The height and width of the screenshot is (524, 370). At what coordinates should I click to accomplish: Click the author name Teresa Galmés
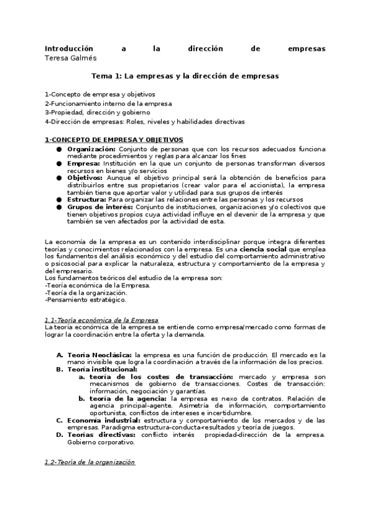point(70,57)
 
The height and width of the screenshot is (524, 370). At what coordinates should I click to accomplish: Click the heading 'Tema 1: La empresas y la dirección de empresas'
point(185,76)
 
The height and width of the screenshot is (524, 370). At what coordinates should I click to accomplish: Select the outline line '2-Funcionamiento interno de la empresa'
point(108,103)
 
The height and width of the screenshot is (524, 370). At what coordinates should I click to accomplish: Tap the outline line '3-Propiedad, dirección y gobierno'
point(97,112)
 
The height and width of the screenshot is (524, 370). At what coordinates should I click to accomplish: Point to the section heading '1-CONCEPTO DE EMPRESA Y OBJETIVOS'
point(114,140)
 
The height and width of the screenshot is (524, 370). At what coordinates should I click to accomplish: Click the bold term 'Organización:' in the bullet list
point(91,149)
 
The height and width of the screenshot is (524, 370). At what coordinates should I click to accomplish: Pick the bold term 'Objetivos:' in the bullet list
point(86,177)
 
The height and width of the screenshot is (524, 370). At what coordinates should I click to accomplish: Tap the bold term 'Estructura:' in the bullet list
point(86,199)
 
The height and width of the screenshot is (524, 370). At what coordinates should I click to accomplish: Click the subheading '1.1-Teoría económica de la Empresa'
point(101,319)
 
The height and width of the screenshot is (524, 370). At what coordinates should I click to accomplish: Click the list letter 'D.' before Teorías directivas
point(59,435)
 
